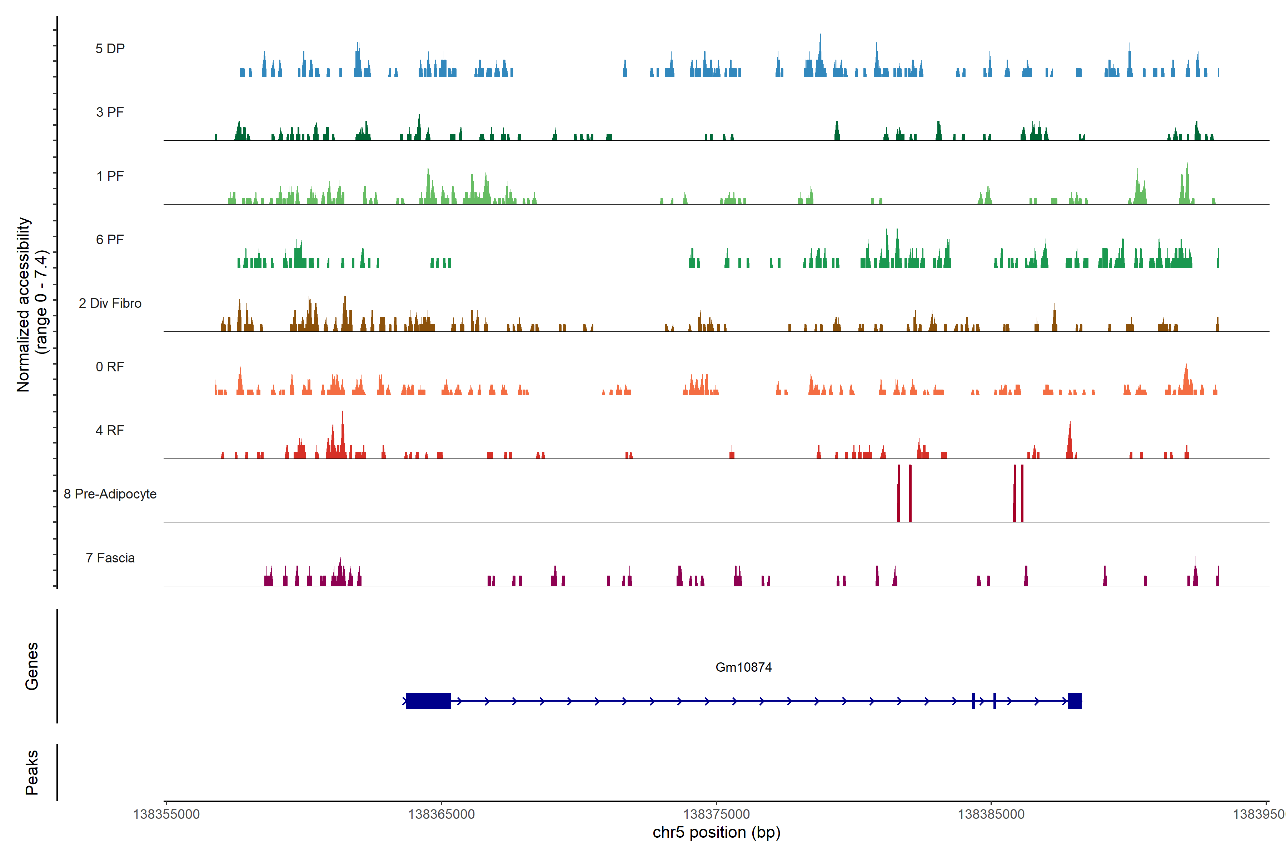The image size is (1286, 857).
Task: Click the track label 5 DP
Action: coord(110,49)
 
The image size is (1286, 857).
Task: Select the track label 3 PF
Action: coord(110,112)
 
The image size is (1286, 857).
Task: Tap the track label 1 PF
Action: coord(110,176)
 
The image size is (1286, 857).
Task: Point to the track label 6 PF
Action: coord(110,240)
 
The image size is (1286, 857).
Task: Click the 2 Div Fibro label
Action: coord(110,303)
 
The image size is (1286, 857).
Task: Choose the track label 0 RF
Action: coord(110,367)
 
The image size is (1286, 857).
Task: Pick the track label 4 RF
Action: coord(110,431)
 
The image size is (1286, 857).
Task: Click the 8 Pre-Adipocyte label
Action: coord(110,494)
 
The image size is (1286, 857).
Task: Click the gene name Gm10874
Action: coord(744,667)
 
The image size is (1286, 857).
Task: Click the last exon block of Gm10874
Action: coord(1075,701)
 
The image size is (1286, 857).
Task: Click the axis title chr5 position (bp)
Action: coord(716,832)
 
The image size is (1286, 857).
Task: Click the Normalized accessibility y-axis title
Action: coord(32,305)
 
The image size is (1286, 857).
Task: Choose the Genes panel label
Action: coord(32,666)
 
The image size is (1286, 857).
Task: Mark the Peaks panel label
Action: coord(32,772)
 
